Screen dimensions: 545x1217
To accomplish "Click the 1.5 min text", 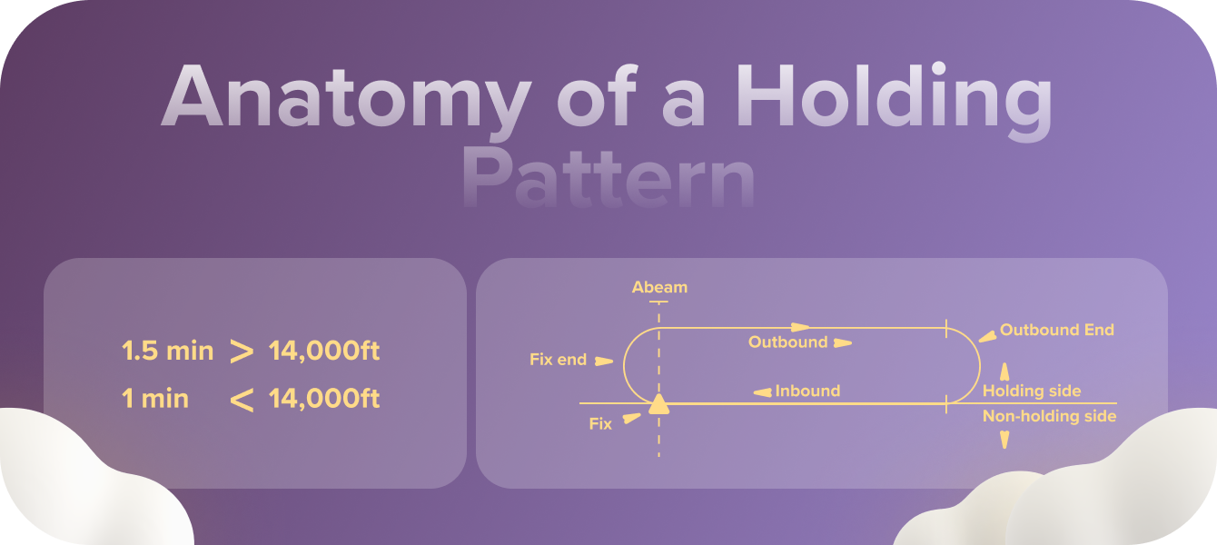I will (167, 352).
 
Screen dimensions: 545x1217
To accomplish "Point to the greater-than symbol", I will (242, 352).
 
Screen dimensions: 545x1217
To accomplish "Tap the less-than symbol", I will (242, 400).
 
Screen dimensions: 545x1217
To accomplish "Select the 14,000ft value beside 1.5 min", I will (324, 352).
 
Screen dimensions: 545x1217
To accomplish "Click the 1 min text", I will (155, 399).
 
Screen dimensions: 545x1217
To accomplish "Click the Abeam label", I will (659, 287).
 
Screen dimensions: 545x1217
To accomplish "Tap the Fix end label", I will (558, 360).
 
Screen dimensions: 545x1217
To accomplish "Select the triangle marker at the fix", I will (658, 404).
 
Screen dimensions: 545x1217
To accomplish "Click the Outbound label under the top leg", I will (787, 342).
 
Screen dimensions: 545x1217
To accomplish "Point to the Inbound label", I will (807, 391).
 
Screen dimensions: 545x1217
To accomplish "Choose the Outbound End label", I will (1056, 330).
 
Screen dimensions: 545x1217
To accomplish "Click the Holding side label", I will (1032, 391).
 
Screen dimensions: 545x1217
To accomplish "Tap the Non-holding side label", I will (1049, 416).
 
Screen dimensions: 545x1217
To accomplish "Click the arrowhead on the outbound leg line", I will (799, 326).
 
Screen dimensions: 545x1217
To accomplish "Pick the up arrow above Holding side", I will (1004, 372).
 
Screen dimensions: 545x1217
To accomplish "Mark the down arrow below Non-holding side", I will (1004, 440).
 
